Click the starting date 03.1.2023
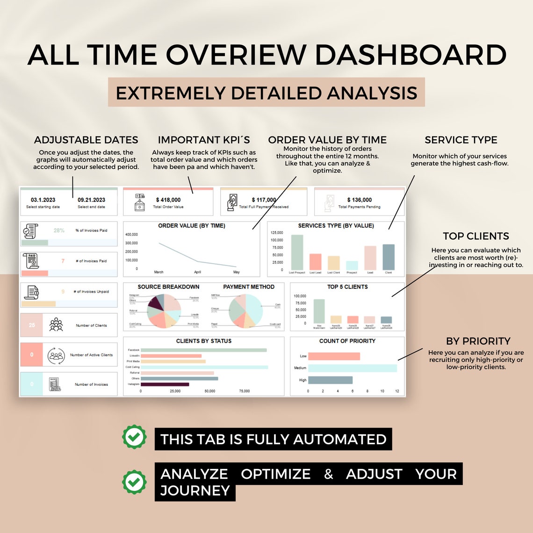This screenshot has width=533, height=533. coord(43,200)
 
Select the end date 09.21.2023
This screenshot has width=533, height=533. coord(92,200)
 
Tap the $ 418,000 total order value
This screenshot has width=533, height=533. coord(168,200)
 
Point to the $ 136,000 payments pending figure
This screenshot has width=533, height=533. coord(360,200)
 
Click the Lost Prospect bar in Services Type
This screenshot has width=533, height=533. coord(297,252)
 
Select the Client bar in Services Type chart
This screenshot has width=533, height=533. coord(389,257)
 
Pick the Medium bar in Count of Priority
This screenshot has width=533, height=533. coord(352,368)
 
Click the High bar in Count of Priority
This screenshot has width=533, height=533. coord(330,380)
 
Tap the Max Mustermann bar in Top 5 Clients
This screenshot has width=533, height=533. coord(319,311)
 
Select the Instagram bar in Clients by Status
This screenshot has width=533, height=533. coord(165,384)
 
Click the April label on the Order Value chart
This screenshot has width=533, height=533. coord(197,272)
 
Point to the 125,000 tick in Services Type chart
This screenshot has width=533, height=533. coord(277,233)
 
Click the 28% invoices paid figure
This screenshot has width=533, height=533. coord(59,230)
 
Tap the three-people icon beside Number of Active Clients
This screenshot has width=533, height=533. coord(56,355)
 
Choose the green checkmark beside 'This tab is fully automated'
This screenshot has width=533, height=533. coord(134,437)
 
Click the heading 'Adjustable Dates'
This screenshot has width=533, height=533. coord(86,140)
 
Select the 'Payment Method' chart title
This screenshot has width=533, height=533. coord(249,287)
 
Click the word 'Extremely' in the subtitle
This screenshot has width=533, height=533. coord(171,93)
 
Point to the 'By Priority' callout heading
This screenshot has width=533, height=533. coord(478,341)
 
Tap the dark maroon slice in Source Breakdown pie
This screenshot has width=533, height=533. coord(155,307)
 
